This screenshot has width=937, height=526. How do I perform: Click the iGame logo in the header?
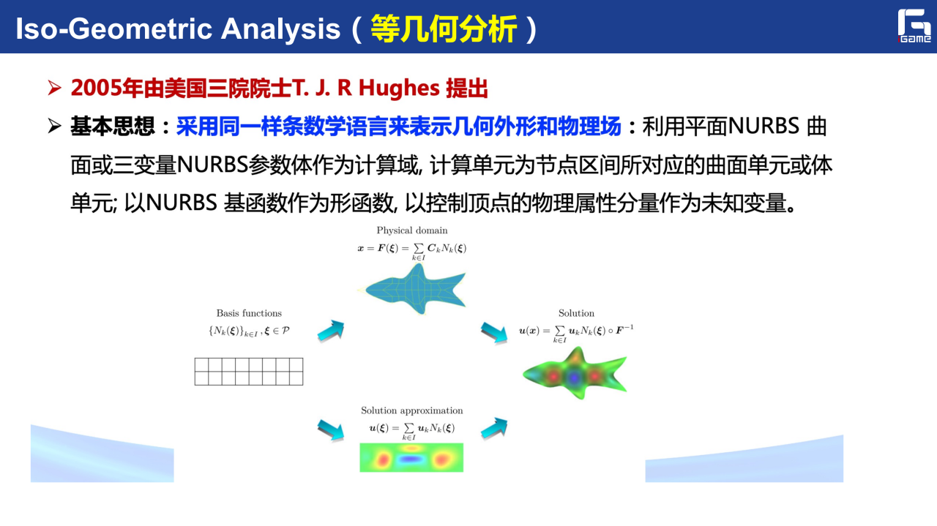click(x=914, y=26)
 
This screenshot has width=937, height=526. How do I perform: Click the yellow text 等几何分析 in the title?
click(x=444, y=29)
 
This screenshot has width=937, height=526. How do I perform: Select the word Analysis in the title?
click(x=280, y=29)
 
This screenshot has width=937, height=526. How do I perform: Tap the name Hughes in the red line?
click(x=399, y=89)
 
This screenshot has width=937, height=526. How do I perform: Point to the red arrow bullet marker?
click(x=54, y=88)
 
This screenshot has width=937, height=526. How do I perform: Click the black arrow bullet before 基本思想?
click(x=54, y=126)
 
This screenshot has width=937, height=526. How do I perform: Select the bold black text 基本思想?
click(x=113, y=127)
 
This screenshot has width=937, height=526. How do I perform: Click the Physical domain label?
click(x=412, y=230)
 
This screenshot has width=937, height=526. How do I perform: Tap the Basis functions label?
click(x=249, y=313)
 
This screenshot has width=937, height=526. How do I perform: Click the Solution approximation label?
click(x=412, y=410)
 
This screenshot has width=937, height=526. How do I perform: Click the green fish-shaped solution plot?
click(x=575, y=373)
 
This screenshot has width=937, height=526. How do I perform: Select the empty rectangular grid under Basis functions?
click(x=249, y=372)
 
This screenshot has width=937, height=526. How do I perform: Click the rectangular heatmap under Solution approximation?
click(x=411, y=457)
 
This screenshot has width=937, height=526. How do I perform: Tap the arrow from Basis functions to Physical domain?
click(x=331, y=331)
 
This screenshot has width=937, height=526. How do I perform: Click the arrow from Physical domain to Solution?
click(x=494, y=333)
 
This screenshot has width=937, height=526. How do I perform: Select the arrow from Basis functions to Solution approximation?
click(x=331, y=430)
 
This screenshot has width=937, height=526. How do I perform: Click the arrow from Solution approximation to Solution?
click(x=494, y=428)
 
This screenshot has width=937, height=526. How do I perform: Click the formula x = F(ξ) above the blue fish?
click(x=412, y=251)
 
